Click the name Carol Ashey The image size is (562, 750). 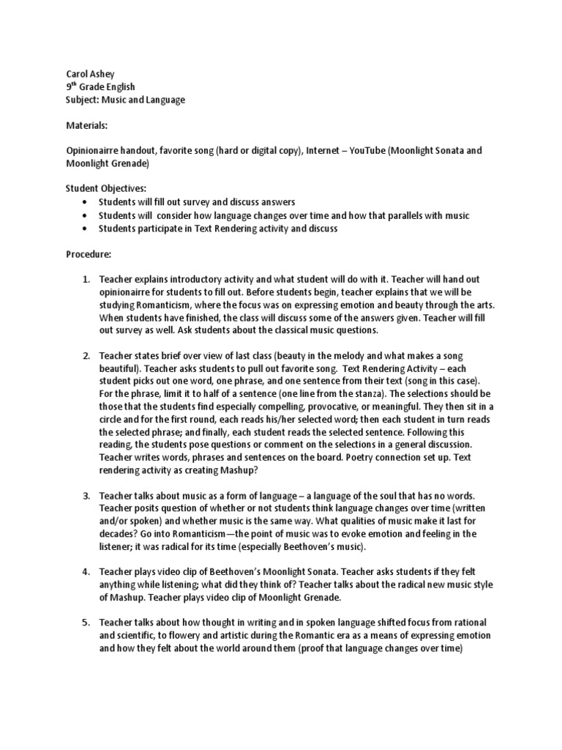(x=85, y=73)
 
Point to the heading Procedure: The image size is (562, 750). (x=89, y=253)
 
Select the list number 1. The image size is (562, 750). (x=85, y=280)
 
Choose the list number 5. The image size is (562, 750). (x=85, y=622)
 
